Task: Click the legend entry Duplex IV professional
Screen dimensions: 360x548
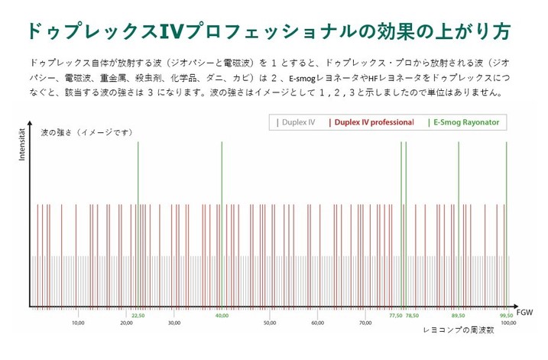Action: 371,122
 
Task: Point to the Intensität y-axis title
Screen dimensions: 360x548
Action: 20,141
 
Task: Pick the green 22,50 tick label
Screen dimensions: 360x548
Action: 138,315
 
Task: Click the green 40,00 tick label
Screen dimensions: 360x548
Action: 222,315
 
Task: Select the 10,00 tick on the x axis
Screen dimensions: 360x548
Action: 78,323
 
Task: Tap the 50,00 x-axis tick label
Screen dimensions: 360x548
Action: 269,323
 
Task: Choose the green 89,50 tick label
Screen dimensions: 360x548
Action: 458,315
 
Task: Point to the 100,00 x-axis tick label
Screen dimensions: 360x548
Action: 507,323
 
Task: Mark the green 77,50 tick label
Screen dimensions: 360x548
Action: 395,315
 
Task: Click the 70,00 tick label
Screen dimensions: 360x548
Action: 365,323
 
